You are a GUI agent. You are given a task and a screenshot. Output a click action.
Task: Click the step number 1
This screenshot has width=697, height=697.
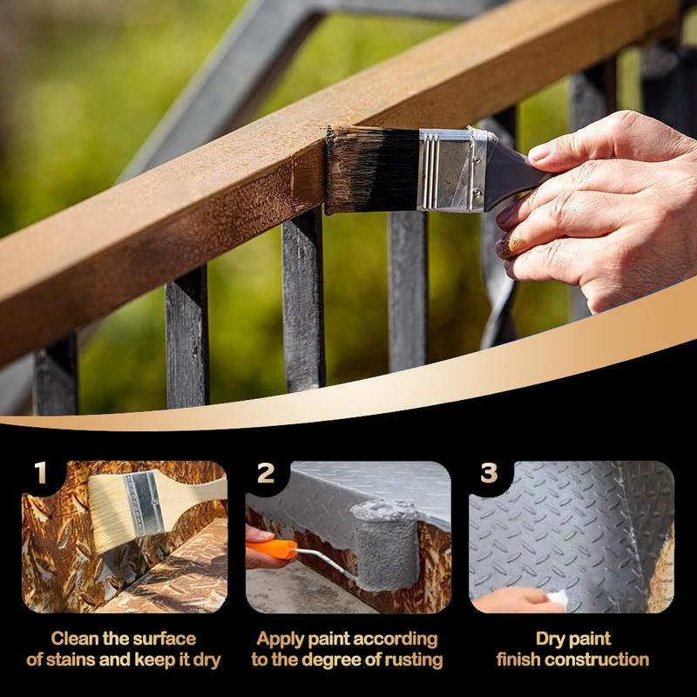point(40,472)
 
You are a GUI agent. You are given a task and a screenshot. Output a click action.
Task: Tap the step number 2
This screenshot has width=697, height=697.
point(266,473)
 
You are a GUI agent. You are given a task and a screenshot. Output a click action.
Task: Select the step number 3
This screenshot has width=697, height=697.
point(489,473)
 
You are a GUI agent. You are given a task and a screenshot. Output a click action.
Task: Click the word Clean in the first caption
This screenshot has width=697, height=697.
point(75,639)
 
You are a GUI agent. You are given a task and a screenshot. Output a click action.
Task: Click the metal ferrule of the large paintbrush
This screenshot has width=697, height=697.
point(453,170)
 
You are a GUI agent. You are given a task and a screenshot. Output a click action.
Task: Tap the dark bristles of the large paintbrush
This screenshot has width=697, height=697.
point(373,170)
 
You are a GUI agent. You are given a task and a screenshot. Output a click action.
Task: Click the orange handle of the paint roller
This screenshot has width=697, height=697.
point(271,549)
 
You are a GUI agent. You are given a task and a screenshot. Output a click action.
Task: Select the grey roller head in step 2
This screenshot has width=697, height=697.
point(385,545)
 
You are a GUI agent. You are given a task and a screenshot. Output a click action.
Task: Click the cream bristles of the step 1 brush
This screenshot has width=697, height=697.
point(112,512)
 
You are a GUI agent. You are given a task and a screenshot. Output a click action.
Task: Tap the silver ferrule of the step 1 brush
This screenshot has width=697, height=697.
point(144,504)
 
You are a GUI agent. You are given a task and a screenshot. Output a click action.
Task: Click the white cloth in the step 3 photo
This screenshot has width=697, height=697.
point(558,597)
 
